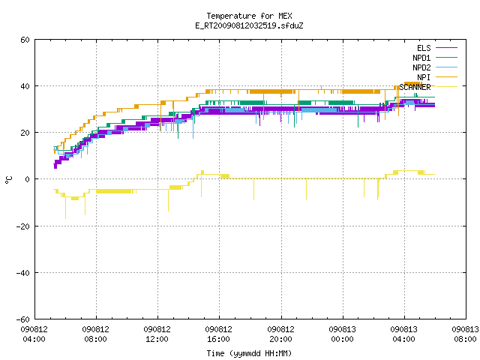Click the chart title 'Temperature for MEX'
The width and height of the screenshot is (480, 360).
249,16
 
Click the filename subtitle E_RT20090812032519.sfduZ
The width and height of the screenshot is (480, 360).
249,25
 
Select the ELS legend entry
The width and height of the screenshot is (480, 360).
424,48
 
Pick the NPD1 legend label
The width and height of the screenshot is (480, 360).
421,58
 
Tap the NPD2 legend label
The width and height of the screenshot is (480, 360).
421,67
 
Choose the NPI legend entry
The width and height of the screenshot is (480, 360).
424,77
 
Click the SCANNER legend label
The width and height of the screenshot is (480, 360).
415,87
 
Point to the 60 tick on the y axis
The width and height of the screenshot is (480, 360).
25,40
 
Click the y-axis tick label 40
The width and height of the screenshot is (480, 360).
25,86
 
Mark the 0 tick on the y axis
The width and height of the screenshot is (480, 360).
28,179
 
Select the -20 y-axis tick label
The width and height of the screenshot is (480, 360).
23,226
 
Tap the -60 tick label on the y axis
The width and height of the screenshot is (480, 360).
23,319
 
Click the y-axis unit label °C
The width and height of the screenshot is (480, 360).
8,180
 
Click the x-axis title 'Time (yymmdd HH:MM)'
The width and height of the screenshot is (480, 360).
249,353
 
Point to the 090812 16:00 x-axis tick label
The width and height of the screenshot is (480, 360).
218,334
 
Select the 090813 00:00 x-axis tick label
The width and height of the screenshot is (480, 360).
342,334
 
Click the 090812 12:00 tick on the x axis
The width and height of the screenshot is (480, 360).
157,334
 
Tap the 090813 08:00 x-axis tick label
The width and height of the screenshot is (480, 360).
465,334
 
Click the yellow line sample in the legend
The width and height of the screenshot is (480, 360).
446,87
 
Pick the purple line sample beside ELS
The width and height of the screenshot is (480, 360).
446,48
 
